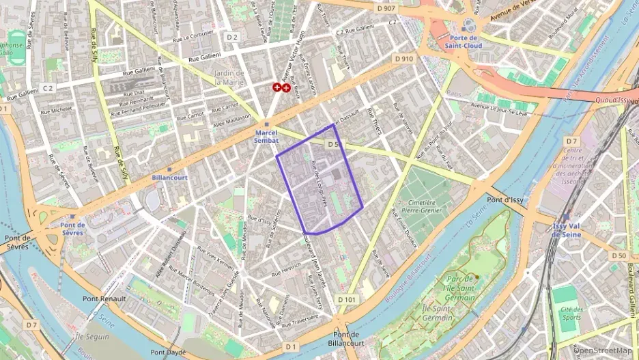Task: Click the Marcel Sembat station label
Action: [267, 137]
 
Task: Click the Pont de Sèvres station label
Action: [72, 229]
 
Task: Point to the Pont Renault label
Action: [104, 299]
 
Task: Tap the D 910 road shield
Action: [403, 59]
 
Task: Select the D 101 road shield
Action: [347, 299]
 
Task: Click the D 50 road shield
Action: [619, 255]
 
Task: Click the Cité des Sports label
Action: [571, 314]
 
